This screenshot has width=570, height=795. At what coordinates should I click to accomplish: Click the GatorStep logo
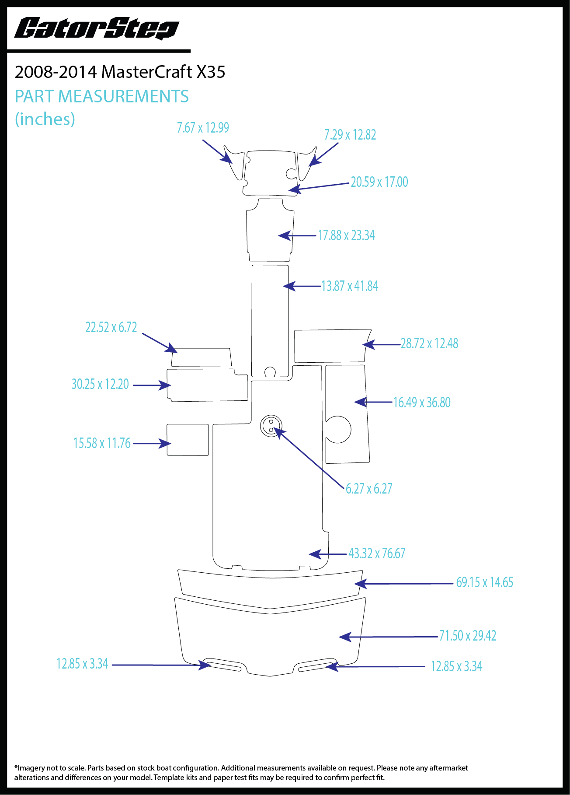[x=97, y=28]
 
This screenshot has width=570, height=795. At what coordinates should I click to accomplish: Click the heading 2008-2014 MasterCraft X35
[x=120, y=72]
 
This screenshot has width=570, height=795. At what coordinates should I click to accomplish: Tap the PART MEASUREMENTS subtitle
[x=101, y=96]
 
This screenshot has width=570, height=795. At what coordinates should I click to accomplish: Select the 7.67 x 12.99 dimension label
[x=203, y=128]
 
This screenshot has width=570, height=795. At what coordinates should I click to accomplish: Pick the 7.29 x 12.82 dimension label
[x=350, y=135]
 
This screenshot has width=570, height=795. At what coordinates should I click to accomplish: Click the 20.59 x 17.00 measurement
[x=379, y=182]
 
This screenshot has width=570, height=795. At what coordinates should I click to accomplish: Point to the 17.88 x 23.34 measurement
[x=346, y=235]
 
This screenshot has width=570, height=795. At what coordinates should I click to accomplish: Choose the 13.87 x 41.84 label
[x=350, y=286]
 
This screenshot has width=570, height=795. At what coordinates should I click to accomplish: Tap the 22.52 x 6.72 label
[x=111, y=327]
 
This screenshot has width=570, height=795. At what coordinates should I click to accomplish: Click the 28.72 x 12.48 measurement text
[x=429, y=343]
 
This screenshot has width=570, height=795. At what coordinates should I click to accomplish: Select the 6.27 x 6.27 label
[x=369, y=489]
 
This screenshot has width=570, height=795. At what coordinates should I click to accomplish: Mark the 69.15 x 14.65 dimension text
[x=484, y=582]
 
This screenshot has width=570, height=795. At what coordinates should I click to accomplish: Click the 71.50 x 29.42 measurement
[x=467, y=636]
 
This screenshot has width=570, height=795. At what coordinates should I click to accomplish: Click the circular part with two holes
[x=271, y=426]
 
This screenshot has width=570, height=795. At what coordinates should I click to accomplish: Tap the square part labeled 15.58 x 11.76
[x=188, y=440]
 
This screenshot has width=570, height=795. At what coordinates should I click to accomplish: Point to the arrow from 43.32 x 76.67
[x=328, y=554]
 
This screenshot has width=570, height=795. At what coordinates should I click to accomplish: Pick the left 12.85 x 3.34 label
[x=82, y=664]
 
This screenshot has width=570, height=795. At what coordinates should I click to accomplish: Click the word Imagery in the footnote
[x=31, y=768]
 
